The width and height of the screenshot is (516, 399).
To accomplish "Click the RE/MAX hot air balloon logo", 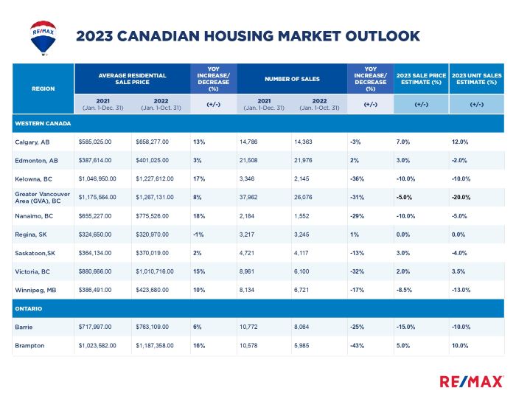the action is (x=43, y=38).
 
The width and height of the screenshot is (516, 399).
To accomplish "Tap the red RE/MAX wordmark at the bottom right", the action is (x=471, y=382).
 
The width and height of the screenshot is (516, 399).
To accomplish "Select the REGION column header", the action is (x=43, y=89).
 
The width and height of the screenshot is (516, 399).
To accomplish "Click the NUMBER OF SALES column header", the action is (x=292, y=79).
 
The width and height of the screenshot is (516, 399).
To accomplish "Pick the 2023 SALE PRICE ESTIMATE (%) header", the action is (x=421, y=79).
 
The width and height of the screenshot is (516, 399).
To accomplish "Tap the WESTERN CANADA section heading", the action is (x=43, y=123).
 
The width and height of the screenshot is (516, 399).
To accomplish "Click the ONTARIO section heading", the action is (x=28, y=309).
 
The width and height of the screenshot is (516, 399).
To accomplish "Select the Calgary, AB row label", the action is (x=32, y=142).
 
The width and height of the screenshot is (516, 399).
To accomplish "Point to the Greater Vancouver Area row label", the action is (x=43, y=198).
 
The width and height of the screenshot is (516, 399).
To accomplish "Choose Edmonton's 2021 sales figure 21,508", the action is (x=248, y=160).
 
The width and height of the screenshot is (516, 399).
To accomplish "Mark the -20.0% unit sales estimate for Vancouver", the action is (x=461, y=198).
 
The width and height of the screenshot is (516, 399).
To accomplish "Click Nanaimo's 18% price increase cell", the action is (x=199, y=216).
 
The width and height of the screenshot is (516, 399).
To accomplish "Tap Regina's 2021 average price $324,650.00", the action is (x=95, y=235).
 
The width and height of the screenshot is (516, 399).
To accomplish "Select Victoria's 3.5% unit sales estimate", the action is (x=459, y=271).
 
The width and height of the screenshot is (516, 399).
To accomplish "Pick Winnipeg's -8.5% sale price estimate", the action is (x=404, y=290).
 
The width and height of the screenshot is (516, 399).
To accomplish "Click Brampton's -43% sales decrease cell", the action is (x=357, y=346).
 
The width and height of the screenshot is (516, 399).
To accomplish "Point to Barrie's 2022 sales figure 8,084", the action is (x=301, y=327).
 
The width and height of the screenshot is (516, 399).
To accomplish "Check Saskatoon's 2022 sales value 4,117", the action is (x=301, y=253).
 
